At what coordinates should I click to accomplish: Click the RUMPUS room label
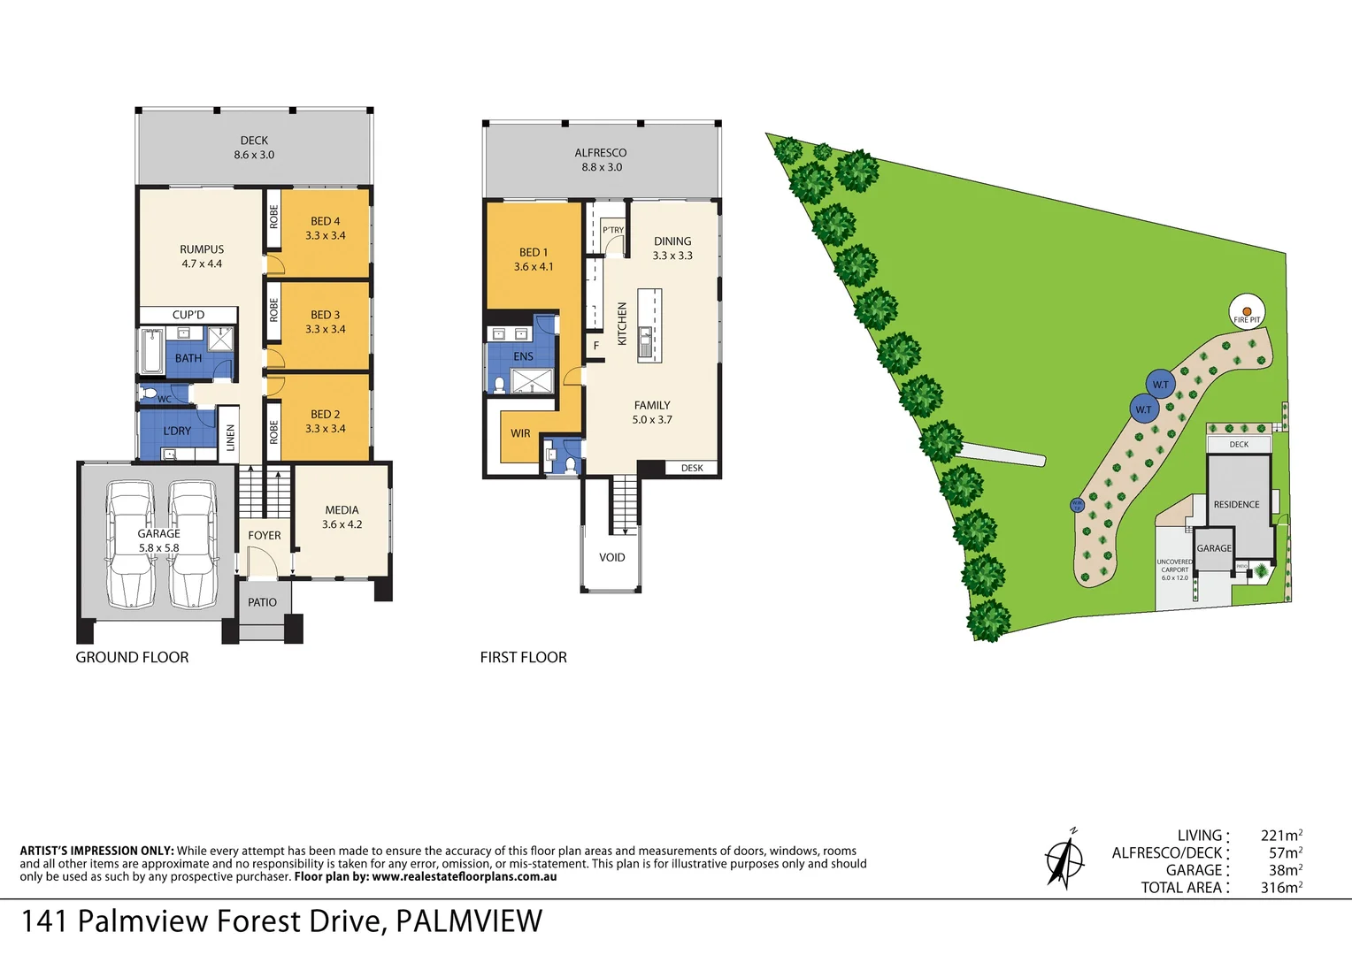tap(202, 249)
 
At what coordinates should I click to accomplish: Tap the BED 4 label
tap(325, 221)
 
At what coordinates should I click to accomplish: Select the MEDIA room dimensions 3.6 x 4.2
tap(342, 524)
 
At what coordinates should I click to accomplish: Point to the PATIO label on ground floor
tap(262, 602)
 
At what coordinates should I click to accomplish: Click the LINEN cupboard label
tap(230, 438)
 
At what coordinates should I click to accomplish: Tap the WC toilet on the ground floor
tap(150, 393)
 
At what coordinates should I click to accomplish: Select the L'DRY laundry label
tap(177, 431)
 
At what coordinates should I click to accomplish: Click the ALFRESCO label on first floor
tap(601, 153)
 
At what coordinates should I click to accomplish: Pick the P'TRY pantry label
tap(613, 230)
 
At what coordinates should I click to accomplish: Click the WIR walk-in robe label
tap(520, 433)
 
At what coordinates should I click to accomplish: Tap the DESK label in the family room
tap(692, 468)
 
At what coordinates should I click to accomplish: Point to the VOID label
tap(611, 557)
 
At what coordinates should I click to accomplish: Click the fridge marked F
tap(596, 346)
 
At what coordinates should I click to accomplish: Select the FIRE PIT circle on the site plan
tap(1247, 312)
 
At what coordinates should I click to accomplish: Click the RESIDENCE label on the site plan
tap(1236, 504)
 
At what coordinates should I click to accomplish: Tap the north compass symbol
tap(1064, 859)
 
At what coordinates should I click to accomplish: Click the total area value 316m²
tap(1281, 888)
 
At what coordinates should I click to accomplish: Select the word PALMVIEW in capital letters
tap(468, 921)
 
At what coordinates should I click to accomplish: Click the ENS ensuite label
tap(523, 356)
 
